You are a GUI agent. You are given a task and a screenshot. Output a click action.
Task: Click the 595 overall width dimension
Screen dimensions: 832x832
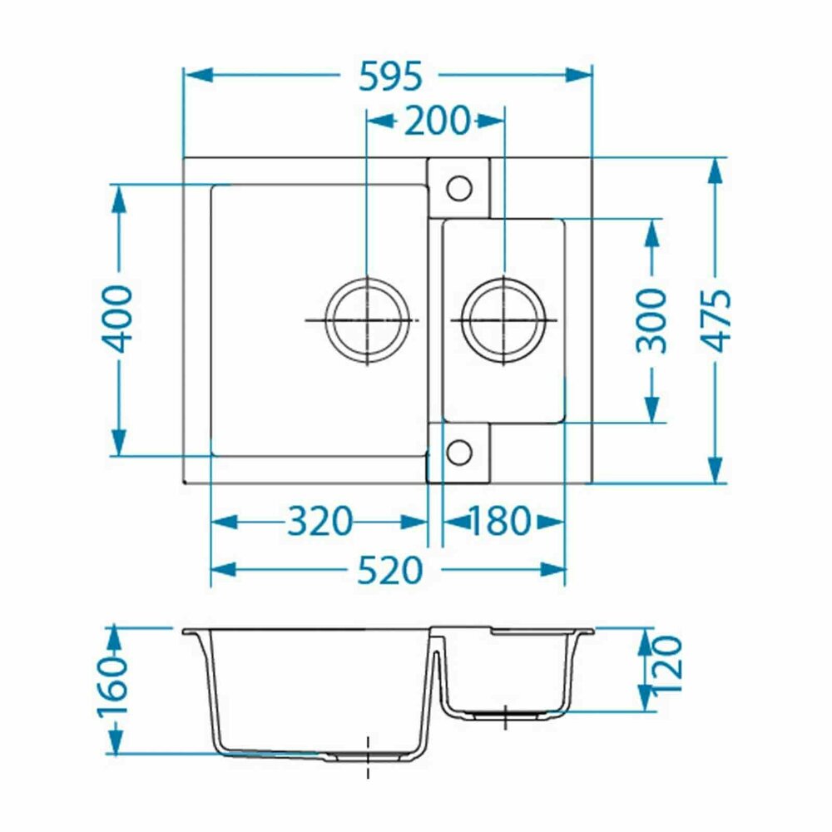coord(390,77)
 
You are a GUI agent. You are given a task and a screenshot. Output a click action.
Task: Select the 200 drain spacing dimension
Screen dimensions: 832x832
coord(438,121)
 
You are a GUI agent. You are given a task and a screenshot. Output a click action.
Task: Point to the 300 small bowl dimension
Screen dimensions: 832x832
coord(651,321)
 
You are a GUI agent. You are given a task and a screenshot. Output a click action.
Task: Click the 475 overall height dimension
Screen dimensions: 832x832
coord(717,321)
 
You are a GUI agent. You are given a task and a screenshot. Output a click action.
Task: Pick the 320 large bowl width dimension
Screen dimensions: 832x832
coord(320,521)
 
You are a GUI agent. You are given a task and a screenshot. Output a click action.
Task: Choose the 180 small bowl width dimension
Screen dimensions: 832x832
coord(498,521)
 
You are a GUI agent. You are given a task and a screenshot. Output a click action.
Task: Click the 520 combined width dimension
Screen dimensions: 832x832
coord(390,571)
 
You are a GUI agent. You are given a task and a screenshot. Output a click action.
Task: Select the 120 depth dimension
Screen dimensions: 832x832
coord(666,664)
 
